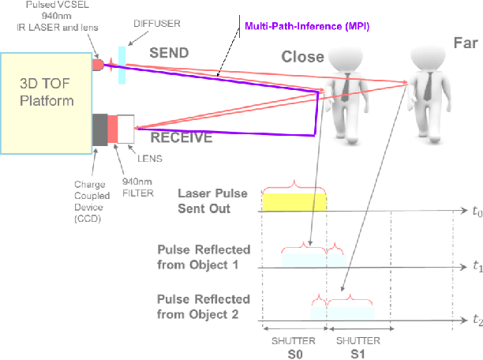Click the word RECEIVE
point(181,137)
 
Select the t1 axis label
point(475,268)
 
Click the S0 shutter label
point(294,351)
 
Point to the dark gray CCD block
point(100,129)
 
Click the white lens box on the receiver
point(126,129)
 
